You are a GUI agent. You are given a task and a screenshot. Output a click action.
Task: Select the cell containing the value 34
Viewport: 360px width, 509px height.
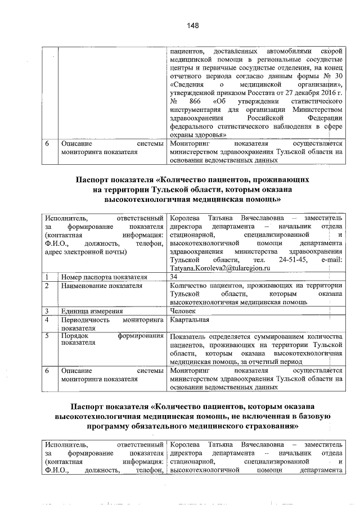coord(174,277)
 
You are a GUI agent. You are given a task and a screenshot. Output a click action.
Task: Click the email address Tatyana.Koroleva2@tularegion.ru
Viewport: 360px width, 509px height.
coord(217,268)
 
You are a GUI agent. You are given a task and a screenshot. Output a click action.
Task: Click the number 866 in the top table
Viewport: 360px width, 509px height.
coord(196,102)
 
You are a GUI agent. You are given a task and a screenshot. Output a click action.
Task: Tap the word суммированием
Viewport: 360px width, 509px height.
coord(273,336)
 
